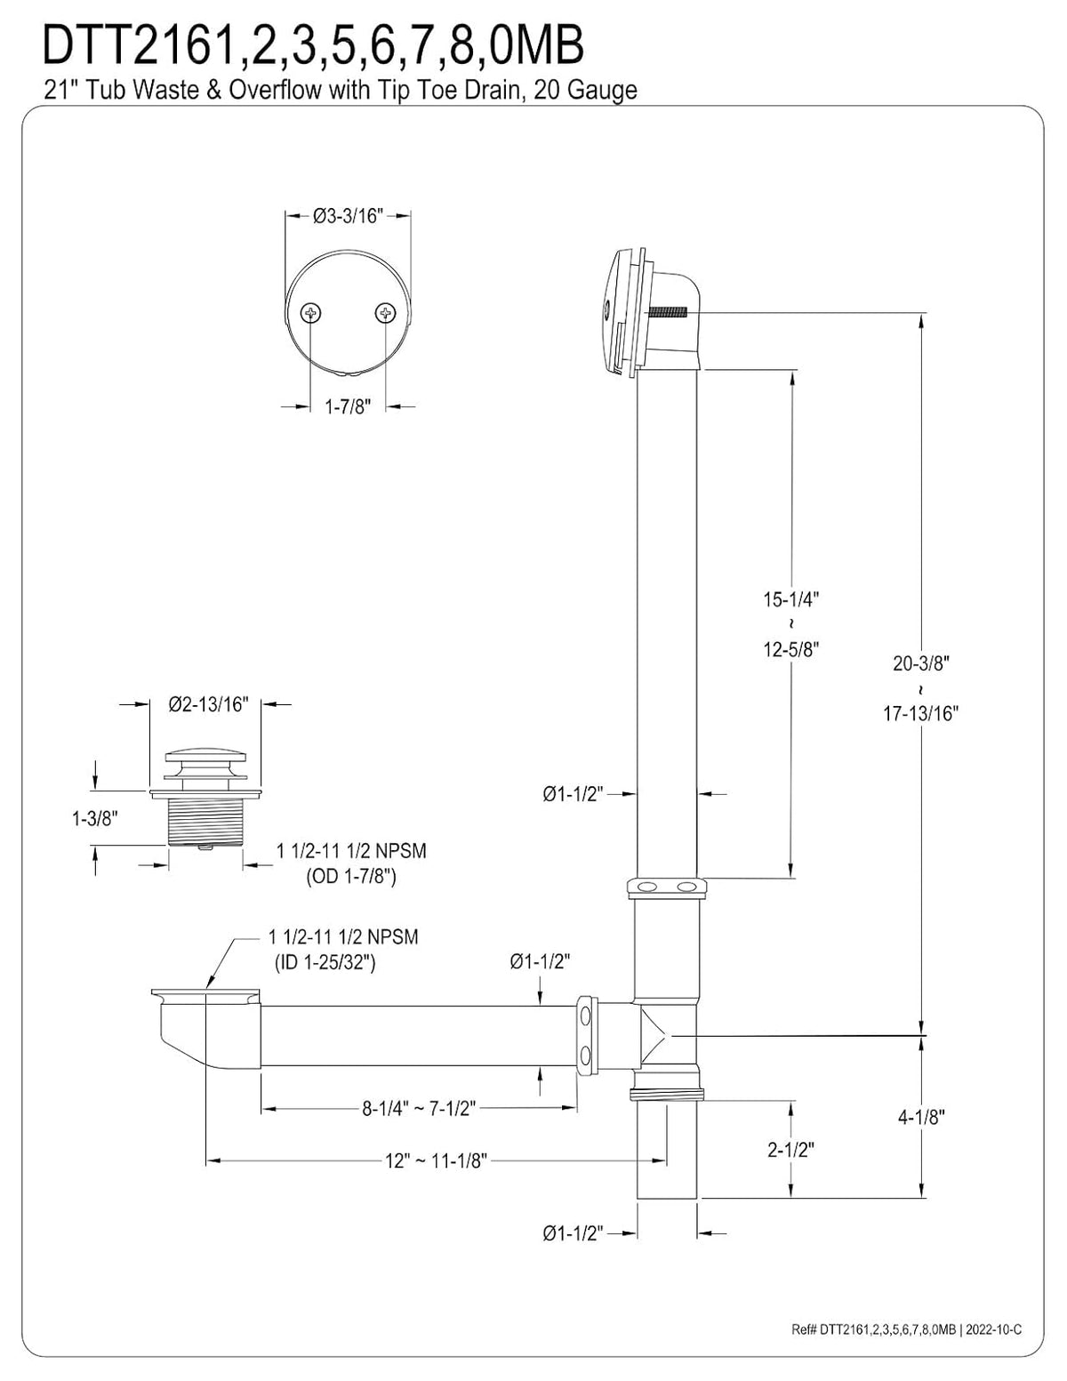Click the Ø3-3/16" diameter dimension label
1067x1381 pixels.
pyautogui.click(x=349, y=216)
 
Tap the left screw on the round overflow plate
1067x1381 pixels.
pyautogui.click(x=310, y=313)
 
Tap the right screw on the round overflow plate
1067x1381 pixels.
pyautogui.click(x=385, y=312)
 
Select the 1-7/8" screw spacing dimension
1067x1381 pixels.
pyautogui.click(x=348, y=406)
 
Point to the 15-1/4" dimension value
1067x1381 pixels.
pyautogui.click(x=791, y=598)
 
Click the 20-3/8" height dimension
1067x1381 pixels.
pyautogui.click(x=921, y=663)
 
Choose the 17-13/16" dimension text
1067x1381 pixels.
pyautogui.click(x=921, y=714)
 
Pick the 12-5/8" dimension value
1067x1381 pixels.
pyautogui.click(x=791, y=649)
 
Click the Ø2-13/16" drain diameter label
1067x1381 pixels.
pyautogui.click(x=208, y=704)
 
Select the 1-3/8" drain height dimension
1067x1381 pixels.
pyautogui.click(x=95, y=819)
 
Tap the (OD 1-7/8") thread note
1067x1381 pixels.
pyautogui.click(x=351, y=877)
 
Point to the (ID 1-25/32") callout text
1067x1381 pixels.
pyautogui.click(x=325, y=963)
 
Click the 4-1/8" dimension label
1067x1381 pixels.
pyautogui.click(x=921, y=1117)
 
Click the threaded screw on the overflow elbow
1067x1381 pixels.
pyautogui.click(x=668, y=313)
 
